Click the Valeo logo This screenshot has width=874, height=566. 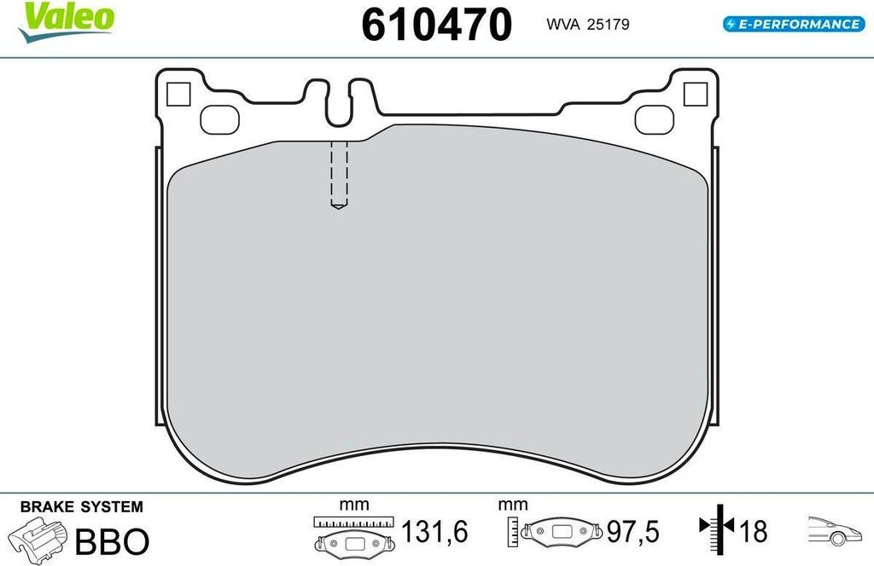(x=66, y=22)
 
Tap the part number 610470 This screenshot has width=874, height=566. (x=436, y=25)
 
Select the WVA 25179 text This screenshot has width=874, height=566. (x=587, y=25)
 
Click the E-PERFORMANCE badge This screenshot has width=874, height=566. (x=794, y=24)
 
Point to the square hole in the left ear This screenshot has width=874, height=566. (x=178, y=94)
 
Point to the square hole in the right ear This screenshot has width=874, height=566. (x=695, y=94)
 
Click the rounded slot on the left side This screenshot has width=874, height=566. (x=219, y=119)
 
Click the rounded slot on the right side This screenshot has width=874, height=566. (x=655, y=119)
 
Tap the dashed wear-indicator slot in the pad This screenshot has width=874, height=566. (x=339, y=174)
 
